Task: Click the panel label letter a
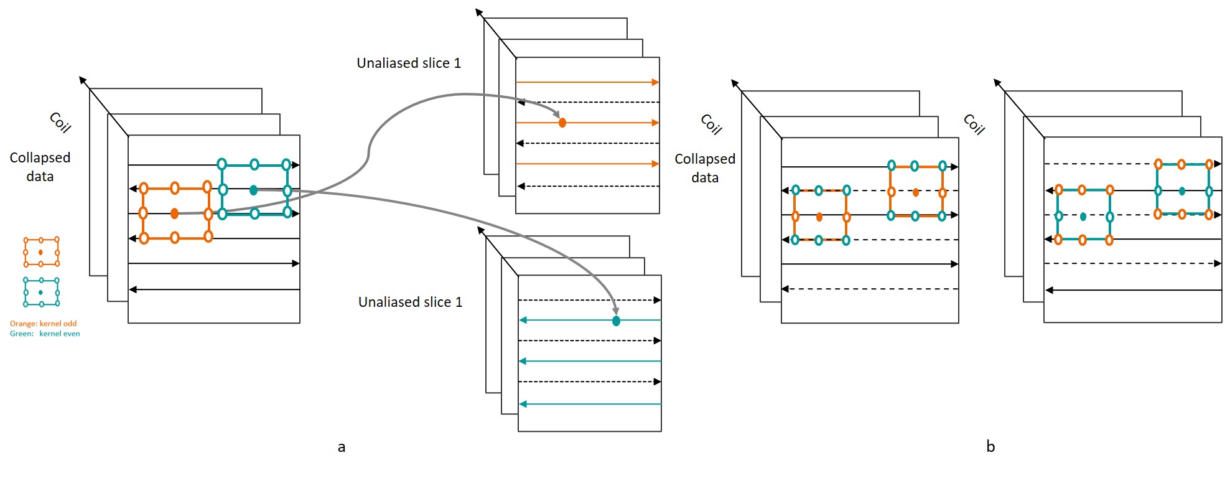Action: (x=341, y=447)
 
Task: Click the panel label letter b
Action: (x=990, y=446)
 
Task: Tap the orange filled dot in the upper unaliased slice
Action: (x=562, y=123)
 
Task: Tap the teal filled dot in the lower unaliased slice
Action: (x=616, y=321)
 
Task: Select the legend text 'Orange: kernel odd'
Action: (x=43, y=324)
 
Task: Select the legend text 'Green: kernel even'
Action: (x=45, y=334)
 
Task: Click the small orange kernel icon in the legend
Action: (x=41, y=251)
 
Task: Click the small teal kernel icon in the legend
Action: (x=41, y=292)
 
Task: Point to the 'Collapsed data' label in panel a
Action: (x=40, y=167)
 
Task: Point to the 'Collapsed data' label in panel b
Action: (x=705, y=168)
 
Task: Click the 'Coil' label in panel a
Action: (x=60, y=123)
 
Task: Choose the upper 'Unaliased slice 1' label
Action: (x=409, y=63)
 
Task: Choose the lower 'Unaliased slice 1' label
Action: (x=410, y=302)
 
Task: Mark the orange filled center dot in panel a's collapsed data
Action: (x=175, y=213)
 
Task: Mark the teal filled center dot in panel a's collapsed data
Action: (x=253, y=190)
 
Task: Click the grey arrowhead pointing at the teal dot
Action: (x=615, y=311)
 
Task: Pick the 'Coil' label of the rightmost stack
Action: (x=974, y=124)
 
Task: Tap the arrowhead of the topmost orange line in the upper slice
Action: (x=655, y=82)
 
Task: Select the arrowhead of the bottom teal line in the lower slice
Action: (x=523, y=405)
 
